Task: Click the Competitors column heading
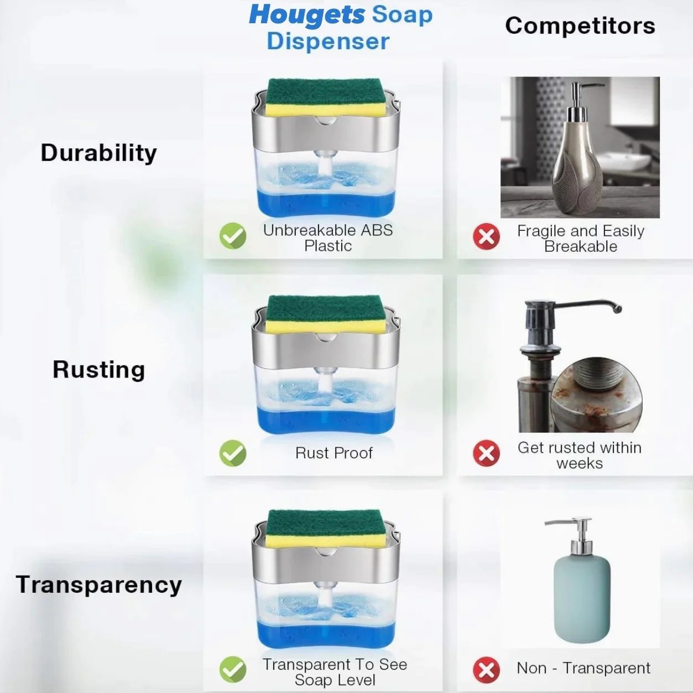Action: pos(580,26)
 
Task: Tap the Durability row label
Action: pos(98,153)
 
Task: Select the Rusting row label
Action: pos(98,370)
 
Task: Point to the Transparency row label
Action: pos(98,585)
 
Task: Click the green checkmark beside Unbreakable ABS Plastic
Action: pos(233,236)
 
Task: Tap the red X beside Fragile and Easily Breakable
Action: pos(486,236)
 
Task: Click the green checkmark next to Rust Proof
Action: pos(233,453)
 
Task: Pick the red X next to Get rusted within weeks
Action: pos(486,453)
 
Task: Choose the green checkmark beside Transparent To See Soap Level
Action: pos(233,669)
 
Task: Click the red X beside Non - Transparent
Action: pos(486,670)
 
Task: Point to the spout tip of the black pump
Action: pos(618,308)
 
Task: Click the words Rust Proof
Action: pos(334,453)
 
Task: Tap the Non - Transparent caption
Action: pos(583,668)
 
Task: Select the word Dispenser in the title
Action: pos(328,42)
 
